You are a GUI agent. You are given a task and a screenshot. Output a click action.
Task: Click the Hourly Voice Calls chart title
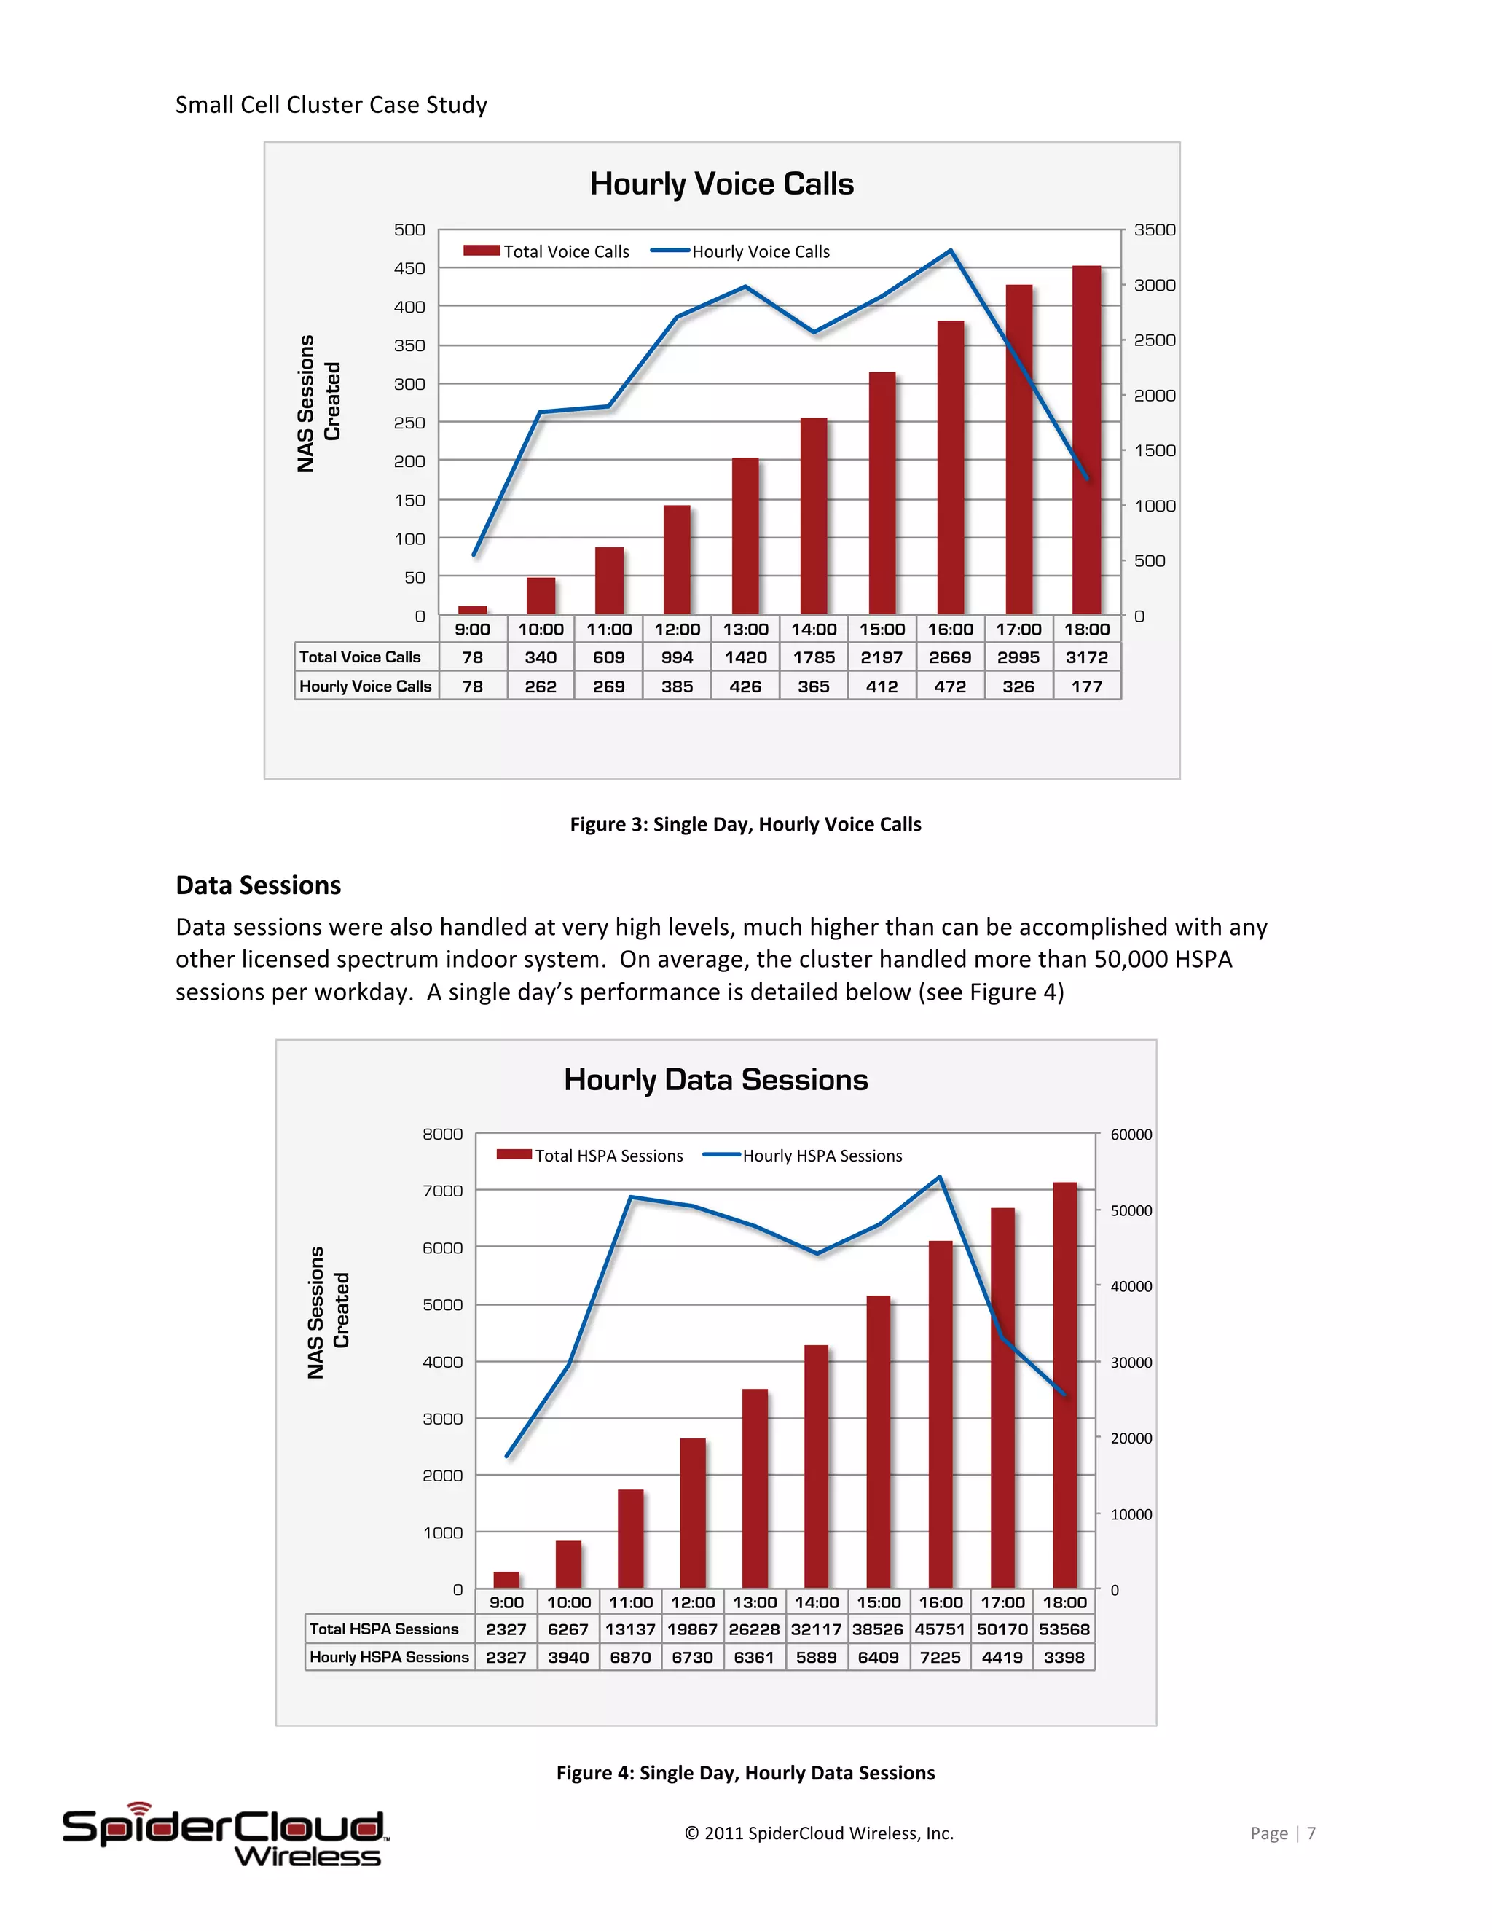(x=721, y=184)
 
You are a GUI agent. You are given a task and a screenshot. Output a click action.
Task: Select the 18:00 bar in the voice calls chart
(x=1086, y=442)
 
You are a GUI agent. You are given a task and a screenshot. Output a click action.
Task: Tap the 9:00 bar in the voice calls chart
(x=473, y=610)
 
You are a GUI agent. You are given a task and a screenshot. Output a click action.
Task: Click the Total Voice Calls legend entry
(x=546, y=252)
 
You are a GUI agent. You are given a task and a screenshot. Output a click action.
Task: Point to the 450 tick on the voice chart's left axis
(x=409, y=268)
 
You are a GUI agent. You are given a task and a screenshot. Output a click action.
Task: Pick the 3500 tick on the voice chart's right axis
(x=1155, y=230)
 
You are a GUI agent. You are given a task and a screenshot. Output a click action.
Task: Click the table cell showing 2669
(x=950, y=657)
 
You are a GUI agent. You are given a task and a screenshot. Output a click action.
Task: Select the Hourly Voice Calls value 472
(x=950, y=686)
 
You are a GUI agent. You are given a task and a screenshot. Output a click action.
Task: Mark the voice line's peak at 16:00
(x=950, y=251)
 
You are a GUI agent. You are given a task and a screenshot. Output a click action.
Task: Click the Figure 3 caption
(x=745, y=824)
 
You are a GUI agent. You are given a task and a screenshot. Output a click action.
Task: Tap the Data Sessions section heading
(x=258, y=885)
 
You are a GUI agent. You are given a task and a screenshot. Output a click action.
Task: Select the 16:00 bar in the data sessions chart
(x=941, y=1414)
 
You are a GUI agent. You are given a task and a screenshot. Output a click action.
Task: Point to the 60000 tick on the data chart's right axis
(x=1131, y=1135)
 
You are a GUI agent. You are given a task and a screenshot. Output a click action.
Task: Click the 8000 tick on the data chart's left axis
(x=442, y=1135)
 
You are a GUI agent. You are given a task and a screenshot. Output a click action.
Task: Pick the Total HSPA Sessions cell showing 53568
(x=1064, y=1629)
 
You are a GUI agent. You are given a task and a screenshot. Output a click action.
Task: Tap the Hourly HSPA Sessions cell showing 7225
(x=941, y=1657)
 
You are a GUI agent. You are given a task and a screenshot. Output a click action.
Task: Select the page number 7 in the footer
(x=1311, y=1833)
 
